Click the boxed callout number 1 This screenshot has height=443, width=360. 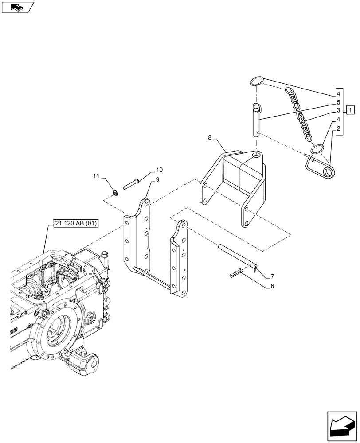(350, 109)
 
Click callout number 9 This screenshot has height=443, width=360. (157, 180)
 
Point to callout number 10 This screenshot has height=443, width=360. (159, 170)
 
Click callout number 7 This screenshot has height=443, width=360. (272, 276)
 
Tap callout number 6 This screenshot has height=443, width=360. (272, 286)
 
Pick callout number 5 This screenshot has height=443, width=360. (338, 102)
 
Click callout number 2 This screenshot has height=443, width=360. (338, 128)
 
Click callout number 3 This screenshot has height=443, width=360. (338, 110)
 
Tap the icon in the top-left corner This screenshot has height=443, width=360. (18, 7)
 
